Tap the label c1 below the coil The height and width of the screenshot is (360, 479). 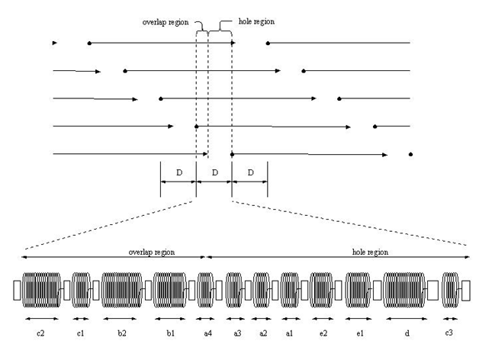[x=81, y=333]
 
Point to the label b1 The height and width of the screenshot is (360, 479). [x=170, y=333]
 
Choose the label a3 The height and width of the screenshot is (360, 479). [x=237, y=333]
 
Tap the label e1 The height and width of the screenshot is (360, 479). [x=358, y=333]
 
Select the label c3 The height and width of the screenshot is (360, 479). [x=450, y=333]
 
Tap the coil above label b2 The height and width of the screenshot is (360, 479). [x=121, y=291]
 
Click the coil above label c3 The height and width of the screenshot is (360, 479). [x=450, y=291]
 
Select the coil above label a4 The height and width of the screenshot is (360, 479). [x=205, y=291]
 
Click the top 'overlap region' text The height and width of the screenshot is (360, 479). [x=166, y=22]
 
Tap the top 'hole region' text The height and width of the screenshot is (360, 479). [x=256, y=22]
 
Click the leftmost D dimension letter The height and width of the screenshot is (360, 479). [x=178, y=173]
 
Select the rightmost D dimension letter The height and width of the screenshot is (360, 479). [x=250, y=173]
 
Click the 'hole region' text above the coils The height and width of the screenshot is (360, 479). [x=368, y=251]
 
